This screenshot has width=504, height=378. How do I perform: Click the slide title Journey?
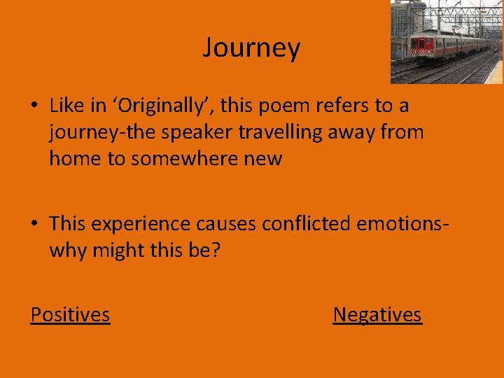click(251, 48)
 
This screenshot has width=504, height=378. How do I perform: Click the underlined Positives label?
click(70, 315)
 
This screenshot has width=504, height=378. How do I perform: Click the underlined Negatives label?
click(377, 315)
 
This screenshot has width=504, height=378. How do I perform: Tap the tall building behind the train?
click(407, 21)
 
